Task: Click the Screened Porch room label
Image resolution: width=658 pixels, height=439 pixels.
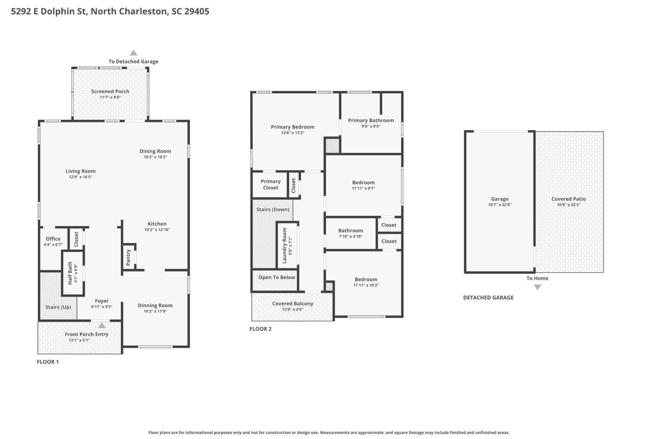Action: [x=110, y=91]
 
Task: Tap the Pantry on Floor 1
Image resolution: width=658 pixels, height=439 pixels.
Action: [x=129, y=257]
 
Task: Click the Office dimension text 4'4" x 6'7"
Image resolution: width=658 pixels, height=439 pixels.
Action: [x=53, y=245]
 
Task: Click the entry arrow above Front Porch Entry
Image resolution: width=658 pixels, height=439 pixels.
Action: [x=102, y=325]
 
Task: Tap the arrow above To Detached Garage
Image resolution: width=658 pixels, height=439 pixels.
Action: [x=133, y=53]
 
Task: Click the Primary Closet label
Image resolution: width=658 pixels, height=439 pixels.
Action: [x=270, y=185]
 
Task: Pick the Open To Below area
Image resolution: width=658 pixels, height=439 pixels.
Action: [x=277, y=277]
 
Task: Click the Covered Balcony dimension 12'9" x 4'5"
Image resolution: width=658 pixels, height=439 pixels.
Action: [x=292, y=309]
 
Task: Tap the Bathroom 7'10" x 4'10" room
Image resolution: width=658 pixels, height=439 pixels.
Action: [x=350, y=233]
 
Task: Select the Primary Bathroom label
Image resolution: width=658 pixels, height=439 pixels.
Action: [x=371, y=120]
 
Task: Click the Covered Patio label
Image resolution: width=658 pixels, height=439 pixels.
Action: [x=568, y=199]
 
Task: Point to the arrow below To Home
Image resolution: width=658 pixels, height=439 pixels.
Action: [x=537, y=287]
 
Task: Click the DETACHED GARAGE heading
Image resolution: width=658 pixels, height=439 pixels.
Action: [x=488, y=298]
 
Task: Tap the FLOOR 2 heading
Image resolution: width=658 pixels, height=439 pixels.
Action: [x=260, y=329]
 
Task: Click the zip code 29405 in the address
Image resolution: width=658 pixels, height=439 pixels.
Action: [x=196, y=11]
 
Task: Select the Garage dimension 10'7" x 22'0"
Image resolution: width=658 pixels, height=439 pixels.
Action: [x=499, y=205]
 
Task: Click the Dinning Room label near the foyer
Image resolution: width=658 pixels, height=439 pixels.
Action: [x=155, y=306]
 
